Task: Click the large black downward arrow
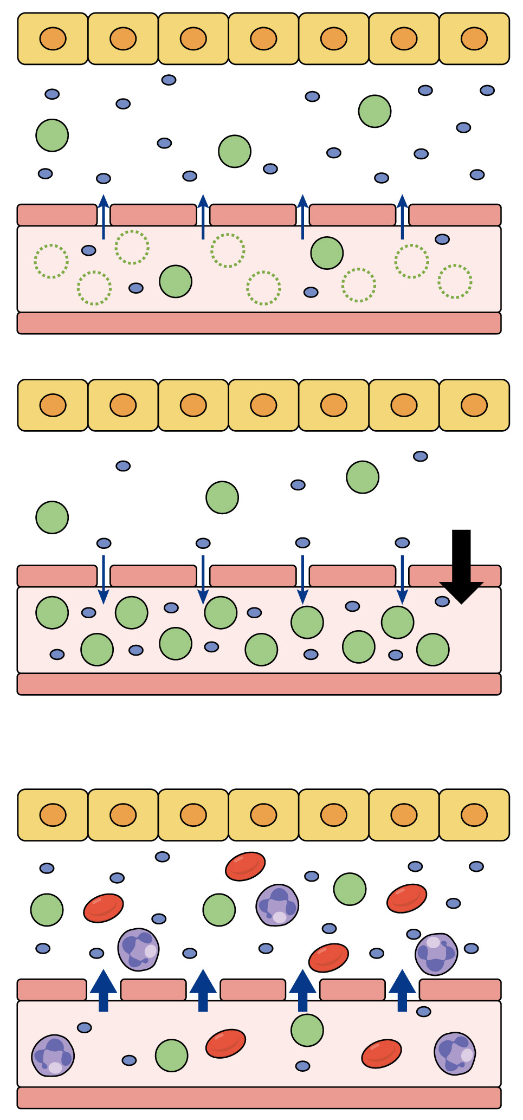point(461,566)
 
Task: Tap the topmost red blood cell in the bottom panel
point(245,866)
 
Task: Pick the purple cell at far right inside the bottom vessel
point(455,1053)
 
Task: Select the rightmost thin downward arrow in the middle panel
point(402,579)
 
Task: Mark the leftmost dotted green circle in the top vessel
point(51,261)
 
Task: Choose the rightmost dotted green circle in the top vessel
point(455,281)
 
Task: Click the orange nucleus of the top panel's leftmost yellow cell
point(53,38)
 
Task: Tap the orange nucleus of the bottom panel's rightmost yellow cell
point(474,814)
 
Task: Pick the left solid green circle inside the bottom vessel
point(172,1056)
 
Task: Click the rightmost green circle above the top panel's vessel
point(375,111)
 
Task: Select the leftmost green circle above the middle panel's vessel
point(52,517)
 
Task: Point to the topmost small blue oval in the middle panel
point(421,456)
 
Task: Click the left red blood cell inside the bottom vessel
point(225,1044)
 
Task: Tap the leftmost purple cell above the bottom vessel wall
point(138,949)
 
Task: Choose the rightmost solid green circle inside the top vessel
point(327,253)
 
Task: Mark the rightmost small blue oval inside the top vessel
point(442,239)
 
